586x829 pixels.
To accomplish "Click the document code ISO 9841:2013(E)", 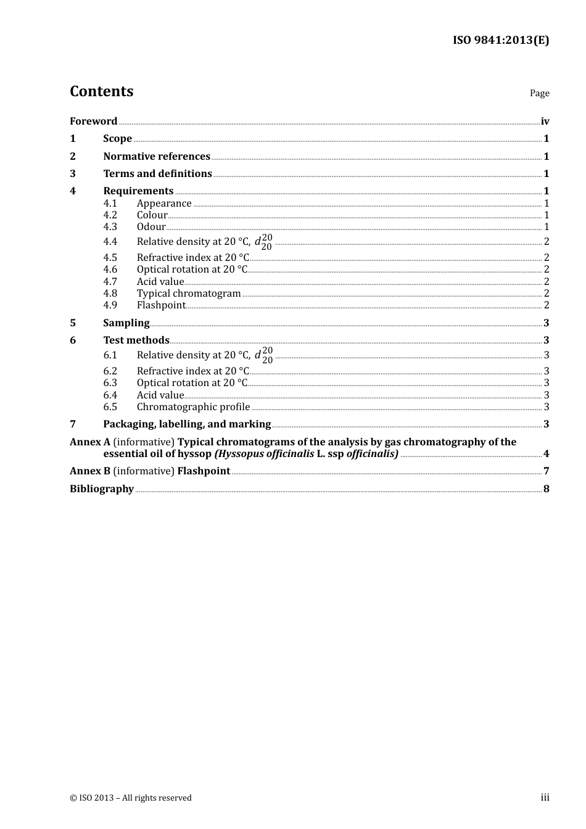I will point(501,40).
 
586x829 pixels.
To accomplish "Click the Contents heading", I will point(102,91).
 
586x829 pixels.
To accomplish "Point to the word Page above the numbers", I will point(539,93).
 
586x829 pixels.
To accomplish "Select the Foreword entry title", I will point(93,121).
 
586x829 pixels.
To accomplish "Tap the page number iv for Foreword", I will point(545,121).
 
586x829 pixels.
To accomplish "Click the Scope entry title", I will point(117,138).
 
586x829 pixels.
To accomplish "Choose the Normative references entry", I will point(157,156).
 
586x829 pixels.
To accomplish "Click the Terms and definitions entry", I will point(157,173).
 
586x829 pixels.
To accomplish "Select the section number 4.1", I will point(110,203).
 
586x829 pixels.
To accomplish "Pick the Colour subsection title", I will point(152,215).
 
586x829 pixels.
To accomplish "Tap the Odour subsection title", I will point(151,226).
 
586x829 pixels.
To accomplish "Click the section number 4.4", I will point(110,241).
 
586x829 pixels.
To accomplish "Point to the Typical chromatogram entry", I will point(189,293).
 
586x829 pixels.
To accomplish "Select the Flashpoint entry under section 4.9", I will point(161,305).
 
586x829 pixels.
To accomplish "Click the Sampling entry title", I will point(126,323).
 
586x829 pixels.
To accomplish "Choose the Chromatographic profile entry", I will point(193,406).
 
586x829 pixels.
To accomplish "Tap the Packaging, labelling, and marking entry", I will point(187,424).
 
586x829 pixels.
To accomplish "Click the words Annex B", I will point(90,471).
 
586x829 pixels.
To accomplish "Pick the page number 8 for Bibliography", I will point(546,489).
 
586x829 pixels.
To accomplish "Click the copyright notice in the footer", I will point(131,798).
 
